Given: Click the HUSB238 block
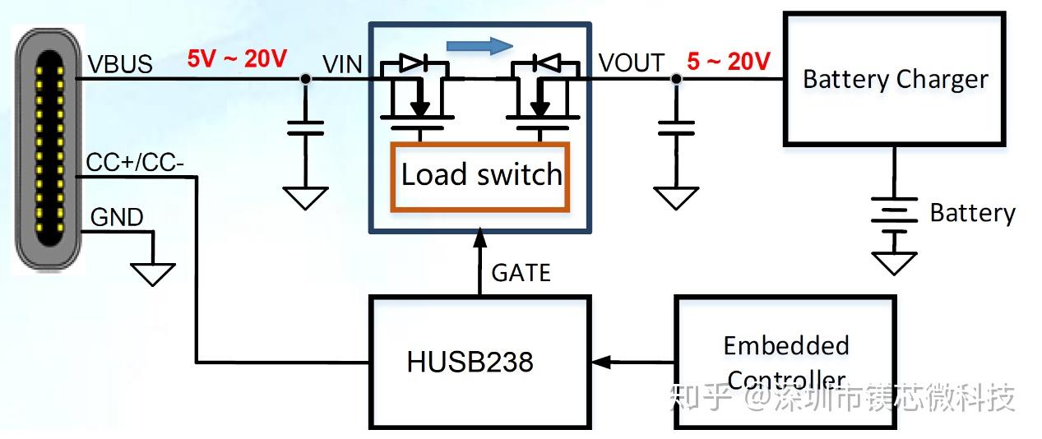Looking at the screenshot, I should click(479, 362).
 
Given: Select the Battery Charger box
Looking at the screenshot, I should click(894, 80).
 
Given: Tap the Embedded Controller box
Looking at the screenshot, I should click(785, 362).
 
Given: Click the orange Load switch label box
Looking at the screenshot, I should click(481, 176).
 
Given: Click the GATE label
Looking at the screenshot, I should click(521, 273).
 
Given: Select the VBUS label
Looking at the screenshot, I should click(119, 64).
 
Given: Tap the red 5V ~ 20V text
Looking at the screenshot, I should click(237, 59).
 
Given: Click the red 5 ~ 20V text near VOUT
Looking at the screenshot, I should click(728, 62).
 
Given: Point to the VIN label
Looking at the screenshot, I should click(342, 64).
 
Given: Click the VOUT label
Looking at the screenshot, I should click(631, 62).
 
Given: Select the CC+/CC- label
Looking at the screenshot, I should click(135, 164).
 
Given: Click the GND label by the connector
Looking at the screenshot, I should click(116, 218).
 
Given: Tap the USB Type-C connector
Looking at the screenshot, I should click(49, 148).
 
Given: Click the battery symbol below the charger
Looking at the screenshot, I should click(893, 215).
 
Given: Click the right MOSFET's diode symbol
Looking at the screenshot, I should click(544, 62).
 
